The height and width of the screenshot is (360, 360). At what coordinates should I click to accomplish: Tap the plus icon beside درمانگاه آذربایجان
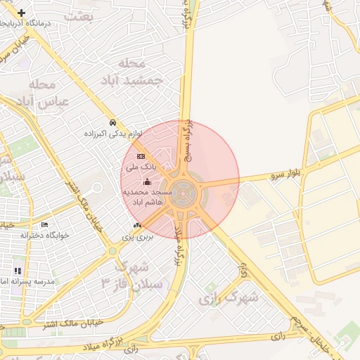pos(22,13)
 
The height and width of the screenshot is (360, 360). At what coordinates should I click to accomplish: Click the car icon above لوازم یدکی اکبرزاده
pos(113,122)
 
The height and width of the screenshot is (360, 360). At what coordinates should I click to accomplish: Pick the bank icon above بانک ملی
pos(141,156)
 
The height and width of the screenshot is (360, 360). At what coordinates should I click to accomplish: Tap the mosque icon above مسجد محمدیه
pos(146,182)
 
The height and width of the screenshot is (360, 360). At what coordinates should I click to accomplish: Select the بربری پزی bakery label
pos(138,237)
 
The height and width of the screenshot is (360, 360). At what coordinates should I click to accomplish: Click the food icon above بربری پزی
pos(138,225)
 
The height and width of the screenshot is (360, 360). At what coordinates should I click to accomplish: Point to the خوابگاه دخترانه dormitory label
pos(45,236)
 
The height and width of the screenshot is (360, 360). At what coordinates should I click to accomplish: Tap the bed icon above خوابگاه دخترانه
pos(45,225)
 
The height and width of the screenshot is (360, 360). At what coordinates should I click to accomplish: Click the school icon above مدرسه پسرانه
pos(18,271)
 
